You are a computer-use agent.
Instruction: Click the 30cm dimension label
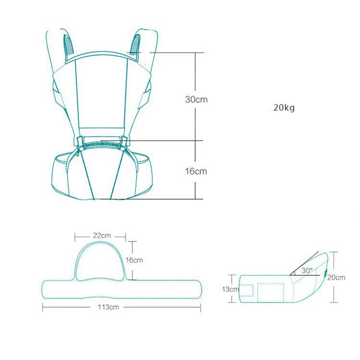click(x=196, y=99)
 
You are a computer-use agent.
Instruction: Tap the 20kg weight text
click(x=284, y=108)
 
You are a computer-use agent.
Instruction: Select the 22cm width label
click(x=102, y=236)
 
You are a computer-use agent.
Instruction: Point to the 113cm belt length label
click(x=108, y=307)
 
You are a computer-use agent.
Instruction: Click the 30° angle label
click(x=307, y=270)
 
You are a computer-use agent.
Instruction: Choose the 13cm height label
click(x=230, y=289)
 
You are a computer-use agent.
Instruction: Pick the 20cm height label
click(x=336, y=277)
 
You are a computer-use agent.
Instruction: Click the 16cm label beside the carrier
click(x=196, y=171)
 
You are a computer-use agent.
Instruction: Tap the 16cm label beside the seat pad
click(x=134, y=260)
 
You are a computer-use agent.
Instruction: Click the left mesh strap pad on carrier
click(x=69, y=45)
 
